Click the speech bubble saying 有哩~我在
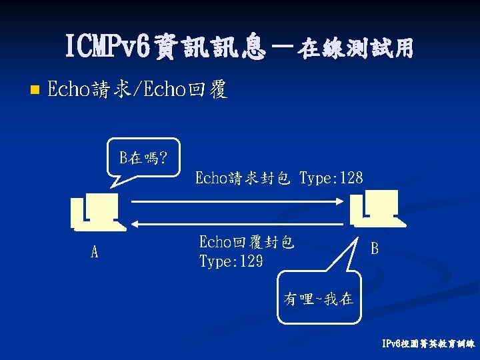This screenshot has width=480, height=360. click(x=319, y=299)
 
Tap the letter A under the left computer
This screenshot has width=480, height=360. click(x=95, y=253)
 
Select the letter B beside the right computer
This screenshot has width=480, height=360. click(x=375, y=249)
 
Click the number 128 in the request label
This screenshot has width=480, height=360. click(x=351, y=178)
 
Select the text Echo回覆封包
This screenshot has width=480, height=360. click(x=247, y=243)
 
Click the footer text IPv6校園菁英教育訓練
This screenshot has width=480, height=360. click(x=427, y=345)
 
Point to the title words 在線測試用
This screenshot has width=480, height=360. click(x=357, y=49)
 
